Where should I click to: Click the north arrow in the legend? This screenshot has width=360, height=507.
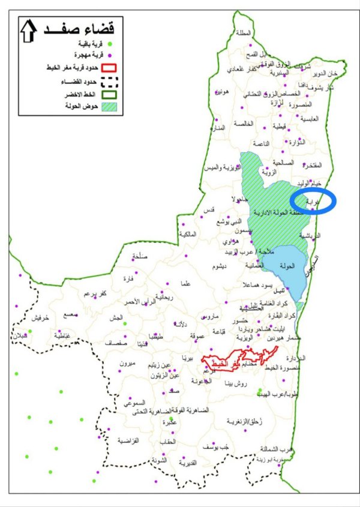click(x=28, y=31)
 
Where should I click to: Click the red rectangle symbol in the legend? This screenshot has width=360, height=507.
click(x=112, y=70)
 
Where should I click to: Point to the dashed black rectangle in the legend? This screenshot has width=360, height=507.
click(x=112, y=82)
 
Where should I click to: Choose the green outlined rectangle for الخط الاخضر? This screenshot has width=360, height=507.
click(x=112, y=94)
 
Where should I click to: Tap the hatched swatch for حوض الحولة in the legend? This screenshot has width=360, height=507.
click(x=112, y=107)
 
